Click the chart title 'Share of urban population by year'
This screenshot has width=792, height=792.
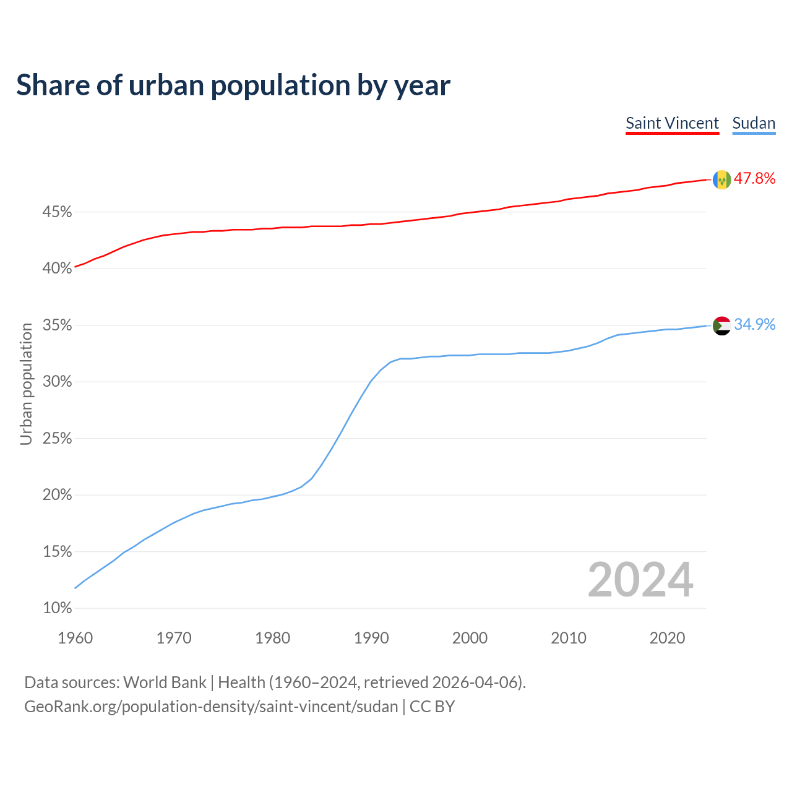click(x=233, y=85)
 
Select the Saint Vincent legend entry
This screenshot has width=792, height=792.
click(x=672, y=123)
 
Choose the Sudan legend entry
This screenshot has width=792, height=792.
click(x=754, y=123)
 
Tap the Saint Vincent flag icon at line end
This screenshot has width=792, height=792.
click(x=721, y=179)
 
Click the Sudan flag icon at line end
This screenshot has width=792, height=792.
click(x=721, y=325)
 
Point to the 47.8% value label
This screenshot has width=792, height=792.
click(x=754, y=179)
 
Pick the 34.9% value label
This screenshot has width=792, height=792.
click(x=754, y=325)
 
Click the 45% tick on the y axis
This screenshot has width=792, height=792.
click(x=57, y=212)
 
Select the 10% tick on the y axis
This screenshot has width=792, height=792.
click(x=57, y=608)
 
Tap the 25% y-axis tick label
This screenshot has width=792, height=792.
click(x=57, y=439)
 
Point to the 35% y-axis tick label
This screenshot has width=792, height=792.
click(x=57, y=325)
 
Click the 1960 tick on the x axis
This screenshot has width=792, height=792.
click(x=75, y=638)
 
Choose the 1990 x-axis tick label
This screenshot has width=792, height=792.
click(x=371, y=638)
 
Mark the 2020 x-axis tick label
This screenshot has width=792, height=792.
click(x=667, y=638)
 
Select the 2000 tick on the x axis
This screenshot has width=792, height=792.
click(x=470, y=638)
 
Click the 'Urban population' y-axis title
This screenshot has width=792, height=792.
click(x=26, y=384)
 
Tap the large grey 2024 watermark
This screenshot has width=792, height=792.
click(x=640, y=580)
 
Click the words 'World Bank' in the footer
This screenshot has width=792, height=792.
click(x=165, y=682)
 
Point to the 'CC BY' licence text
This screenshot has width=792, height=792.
click(x=432, y=707)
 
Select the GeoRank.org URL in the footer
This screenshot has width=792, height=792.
click(x=211, y=707)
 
